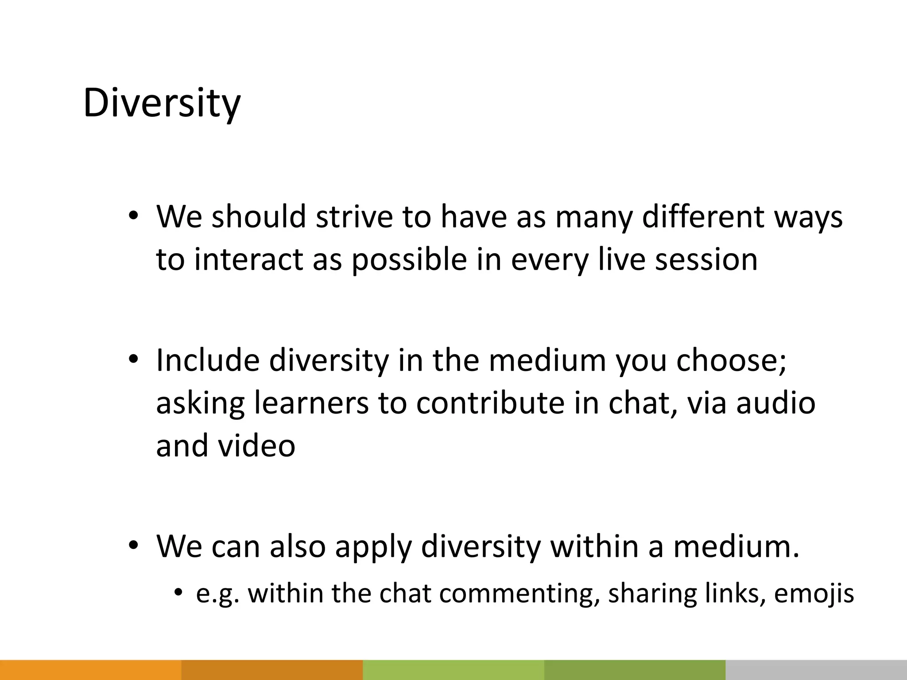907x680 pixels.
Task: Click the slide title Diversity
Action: (162, 103)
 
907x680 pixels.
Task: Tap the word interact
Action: (248, 259)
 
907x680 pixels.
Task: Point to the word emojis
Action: (814, 594)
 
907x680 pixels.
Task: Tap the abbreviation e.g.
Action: (217, 594)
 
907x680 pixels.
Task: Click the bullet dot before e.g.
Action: (178, 592)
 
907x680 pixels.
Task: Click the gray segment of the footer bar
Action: (816, 670)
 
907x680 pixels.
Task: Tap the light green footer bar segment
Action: (453, 670)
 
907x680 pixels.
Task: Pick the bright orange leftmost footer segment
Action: (90, 670)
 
